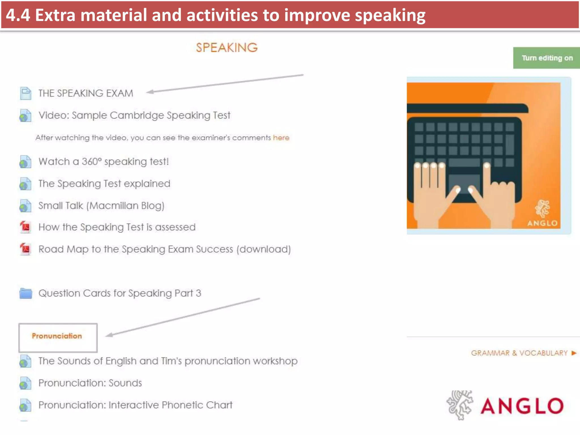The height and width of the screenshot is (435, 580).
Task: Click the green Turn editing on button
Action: (x=547, y=58)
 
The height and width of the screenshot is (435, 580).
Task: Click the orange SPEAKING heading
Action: (x=227, y=48)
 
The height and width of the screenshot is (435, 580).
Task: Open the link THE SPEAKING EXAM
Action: (x=86, y=93)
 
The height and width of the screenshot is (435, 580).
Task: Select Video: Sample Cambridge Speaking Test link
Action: (x=134, y=115)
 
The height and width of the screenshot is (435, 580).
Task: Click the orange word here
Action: (x=281, y=138)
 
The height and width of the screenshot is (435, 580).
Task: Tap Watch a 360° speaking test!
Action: (x=103, y=161)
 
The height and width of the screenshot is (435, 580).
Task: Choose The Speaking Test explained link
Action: (x=104, y=184)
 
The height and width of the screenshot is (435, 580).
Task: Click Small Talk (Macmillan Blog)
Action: (x=101, y=206)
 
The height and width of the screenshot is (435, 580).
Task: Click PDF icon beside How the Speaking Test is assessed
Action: (x=25, y=227)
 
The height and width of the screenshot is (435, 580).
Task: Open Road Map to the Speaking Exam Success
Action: (x=164, y=249)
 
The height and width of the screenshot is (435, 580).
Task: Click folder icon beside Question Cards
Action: (x=25, y=293)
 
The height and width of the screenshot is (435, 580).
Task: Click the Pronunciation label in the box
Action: (x=57, y=336)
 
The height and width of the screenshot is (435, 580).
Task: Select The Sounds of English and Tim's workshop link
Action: (x=168, y=361)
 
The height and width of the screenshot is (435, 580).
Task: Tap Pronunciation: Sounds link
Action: (x=90, y=383)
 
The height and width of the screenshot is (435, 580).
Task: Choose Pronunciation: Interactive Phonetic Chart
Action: (x=135, y=405)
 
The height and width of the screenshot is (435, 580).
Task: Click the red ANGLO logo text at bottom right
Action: (x=522, y=406)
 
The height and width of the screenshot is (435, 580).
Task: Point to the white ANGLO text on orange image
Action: (x=542, y=223)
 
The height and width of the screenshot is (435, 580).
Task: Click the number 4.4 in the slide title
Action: (x=18, y=15)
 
